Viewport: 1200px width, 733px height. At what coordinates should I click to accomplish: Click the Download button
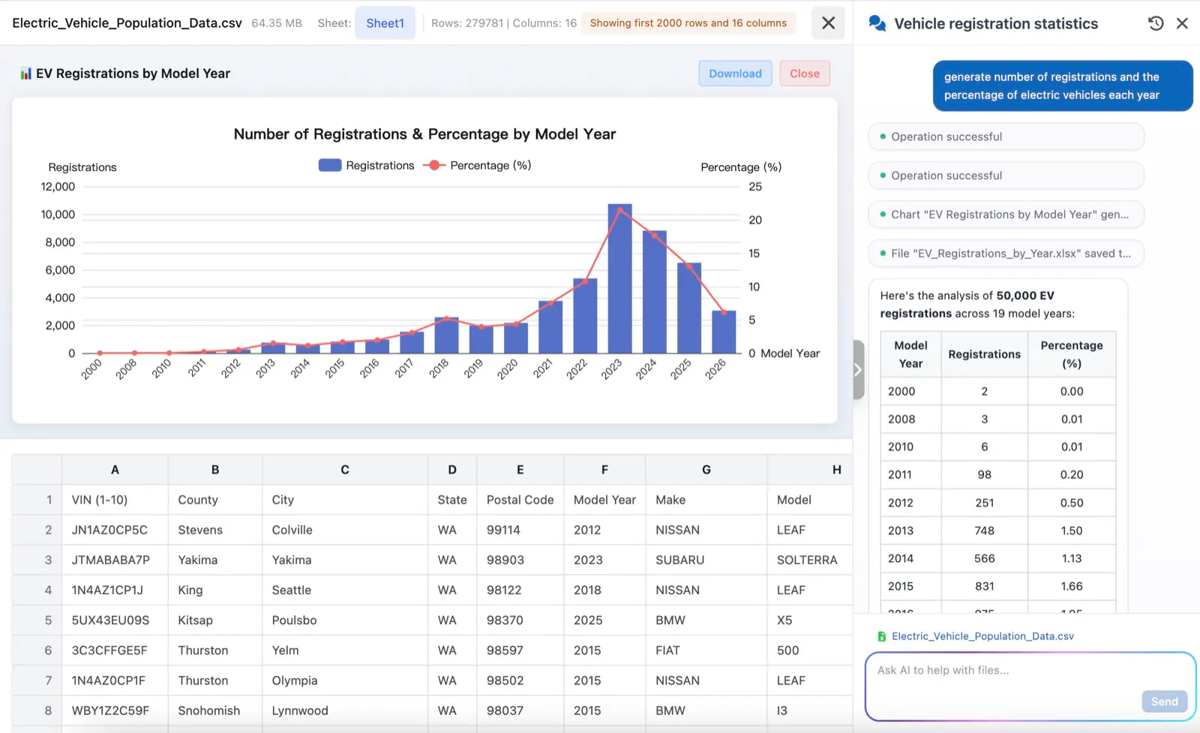(735, 74)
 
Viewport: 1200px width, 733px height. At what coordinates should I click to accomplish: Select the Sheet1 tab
(385, 23)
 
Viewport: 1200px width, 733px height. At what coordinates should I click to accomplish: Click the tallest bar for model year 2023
(619, 278)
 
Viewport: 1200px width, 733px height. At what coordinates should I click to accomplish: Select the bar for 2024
(655, 292)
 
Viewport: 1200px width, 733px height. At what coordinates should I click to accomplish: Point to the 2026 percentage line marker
(724, 312)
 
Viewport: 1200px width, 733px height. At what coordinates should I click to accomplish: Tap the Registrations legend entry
(367, 166)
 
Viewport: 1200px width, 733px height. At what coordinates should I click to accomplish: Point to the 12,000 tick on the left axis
(58, 187)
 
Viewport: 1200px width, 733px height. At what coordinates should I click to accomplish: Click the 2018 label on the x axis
(439, 368)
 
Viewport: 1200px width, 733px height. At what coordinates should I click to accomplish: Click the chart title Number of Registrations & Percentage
(424, 134)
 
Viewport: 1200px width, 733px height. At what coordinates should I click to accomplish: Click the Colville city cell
(292, 530)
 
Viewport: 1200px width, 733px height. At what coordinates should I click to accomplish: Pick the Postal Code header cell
(520, 500)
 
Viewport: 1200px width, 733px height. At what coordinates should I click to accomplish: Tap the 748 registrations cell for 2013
(984, 530)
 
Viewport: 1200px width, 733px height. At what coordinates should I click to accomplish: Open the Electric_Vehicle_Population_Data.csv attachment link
(982, 636)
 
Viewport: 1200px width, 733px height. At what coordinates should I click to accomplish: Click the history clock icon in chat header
(1156, 23)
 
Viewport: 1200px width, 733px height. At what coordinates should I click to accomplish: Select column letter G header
(706, 470)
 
